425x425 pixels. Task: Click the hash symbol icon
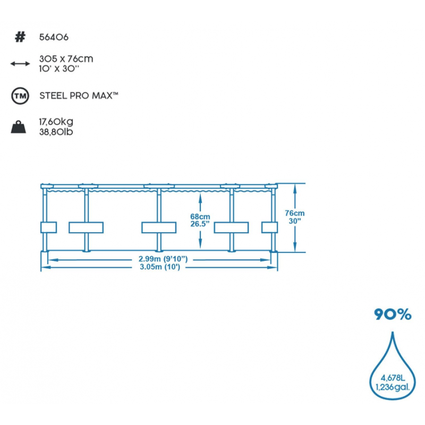20,37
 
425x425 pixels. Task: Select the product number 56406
54,37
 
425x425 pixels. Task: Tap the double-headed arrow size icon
20,64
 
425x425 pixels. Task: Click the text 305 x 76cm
66,59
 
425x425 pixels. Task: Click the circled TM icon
20,96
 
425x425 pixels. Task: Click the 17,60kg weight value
56,122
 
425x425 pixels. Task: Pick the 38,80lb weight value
56,131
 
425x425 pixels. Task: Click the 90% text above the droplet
392,314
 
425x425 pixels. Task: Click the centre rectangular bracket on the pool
158,227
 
